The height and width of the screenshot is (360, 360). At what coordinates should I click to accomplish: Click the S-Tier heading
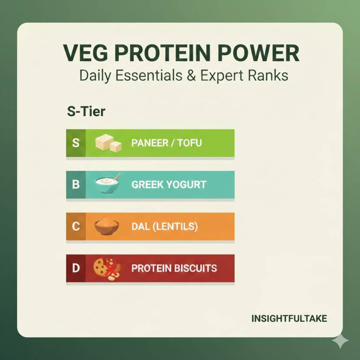(86, 111)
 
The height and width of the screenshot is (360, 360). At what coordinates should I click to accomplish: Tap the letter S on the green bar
(76, 143)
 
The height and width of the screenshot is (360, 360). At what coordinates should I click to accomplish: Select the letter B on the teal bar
(76, 185)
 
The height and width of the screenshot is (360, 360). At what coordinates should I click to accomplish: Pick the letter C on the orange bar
(76, 227)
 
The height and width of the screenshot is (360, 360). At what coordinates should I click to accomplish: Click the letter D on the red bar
(76, 268)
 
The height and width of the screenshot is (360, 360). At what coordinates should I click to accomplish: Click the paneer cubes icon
(108, 143)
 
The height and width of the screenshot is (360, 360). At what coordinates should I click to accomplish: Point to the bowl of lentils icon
(107, 226)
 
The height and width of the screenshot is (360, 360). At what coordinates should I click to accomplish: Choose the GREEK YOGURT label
(169, 185)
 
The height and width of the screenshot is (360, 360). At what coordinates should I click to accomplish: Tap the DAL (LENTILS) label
(164, 227)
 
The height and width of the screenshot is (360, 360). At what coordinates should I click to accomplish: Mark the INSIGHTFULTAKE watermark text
(289, 319)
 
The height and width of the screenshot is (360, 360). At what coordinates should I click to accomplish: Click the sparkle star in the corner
(340, 341)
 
